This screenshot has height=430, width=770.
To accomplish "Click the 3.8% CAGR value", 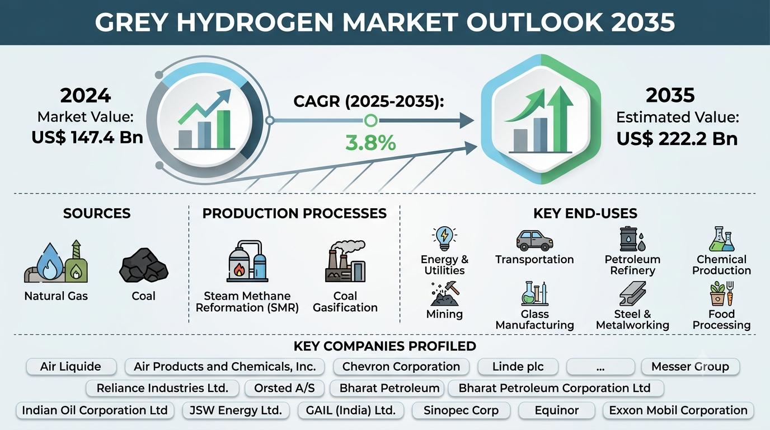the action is coord(370,143).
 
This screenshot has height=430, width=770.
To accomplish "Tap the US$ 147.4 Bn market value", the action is coord(87,138).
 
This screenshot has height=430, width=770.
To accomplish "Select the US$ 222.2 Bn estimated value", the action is coord(677,139).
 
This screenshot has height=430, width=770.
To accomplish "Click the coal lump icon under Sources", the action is coord(144,265).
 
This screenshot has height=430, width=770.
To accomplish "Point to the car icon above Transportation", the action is coord(534,240).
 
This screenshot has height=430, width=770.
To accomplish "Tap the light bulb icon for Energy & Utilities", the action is coord(444,239).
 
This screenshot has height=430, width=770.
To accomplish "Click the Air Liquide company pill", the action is coord(71,367).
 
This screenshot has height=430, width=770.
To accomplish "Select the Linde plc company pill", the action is coord(518,367).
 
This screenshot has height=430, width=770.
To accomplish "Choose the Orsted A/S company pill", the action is coord(284,388).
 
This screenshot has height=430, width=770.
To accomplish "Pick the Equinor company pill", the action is coord(557,410).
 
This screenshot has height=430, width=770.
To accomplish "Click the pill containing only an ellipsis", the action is coord(600,367).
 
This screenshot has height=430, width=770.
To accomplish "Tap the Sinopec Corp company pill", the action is coord(461,410).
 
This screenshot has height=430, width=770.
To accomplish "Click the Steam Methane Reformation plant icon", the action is coord(247,261).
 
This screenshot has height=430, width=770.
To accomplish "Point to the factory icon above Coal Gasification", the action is coord(345,261).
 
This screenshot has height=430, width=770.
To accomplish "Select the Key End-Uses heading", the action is coord(585,213).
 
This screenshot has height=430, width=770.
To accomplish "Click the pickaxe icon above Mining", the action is coord(445,294).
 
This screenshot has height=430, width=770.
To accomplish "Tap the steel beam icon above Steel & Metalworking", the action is coord(632,293).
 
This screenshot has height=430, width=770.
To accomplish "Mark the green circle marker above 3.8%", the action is coord(370,120).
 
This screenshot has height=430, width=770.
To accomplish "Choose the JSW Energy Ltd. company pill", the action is coord(236,410).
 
